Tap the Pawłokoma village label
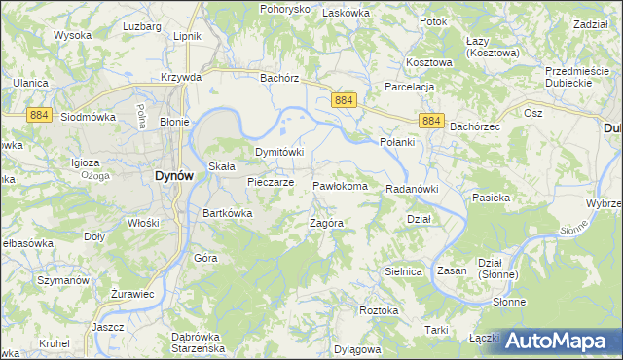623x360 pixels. [340, 185]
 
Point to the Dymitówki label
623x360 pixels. [280, 152]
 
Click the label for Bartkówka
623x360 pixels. [228, 213]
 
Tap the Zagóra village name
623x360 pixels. [327, 223]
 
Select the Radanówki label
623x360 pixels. [413, 189]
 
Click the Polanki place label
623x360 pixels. [397, 142]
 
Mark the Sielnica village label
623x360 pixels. [402, 271]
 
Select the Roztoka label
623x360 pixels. [379, 310]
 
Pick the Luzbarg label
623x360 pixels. [142, 25]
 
